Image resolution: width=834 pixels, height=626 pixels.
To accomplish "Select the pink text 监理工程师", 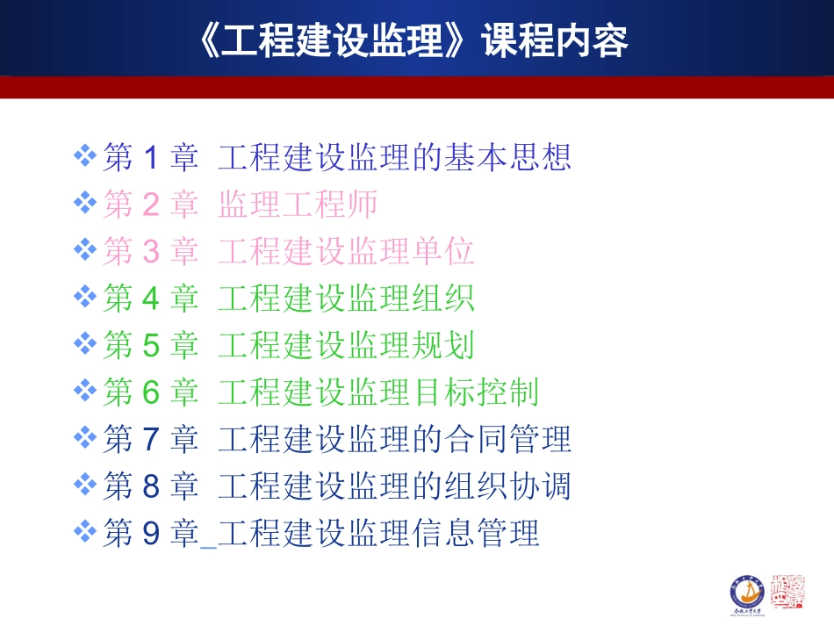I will pos(298,205).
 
